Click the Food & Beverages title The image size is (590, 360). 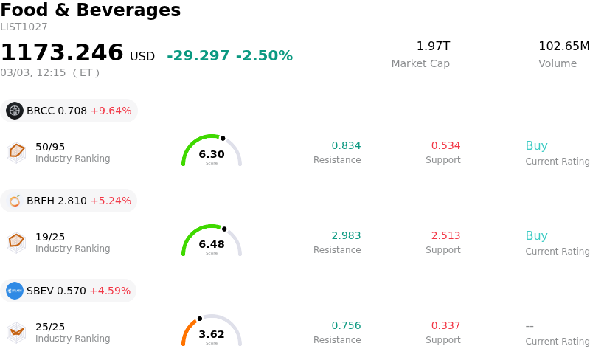tap(91, 10)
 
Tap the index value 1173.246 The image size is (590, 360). tap(62, 53)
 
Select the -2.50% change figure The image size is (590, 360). tap(264, 56)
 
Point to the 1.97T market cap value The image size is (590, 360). tap(433, 46)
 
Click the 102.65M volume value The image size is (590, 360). tap(563, 46)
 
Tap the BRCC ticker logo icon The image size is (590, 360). tap(15, 111)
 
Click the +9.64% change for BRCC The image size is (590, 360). tap(111, 111)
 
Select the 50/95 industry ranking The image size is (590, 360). tap(50, 147)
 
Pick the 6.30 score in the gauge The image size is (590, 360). tap(212, 154)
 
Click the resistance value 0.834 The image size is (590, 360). tap(346, 145)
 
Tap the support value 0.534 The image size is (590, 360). tap(445, 145)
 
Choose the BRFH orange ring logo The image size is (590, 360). tap(15, 201)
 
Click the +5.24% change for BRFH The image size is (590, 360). tap(111, 201)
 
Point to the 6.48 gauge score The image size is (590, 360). tap(212, 244)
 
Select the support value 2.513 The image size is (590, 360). tap(445, 235)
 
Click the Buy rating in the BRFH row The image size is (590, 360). tap(536, 236)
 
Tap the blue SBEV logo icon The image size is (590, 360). tap(15, 291)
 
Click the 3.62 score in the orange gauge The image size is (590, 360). tap(212, 334)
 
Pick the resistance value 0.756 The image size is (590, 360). tap(346, 325)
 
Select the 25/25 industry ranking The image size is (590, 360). tap(50, 327)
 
